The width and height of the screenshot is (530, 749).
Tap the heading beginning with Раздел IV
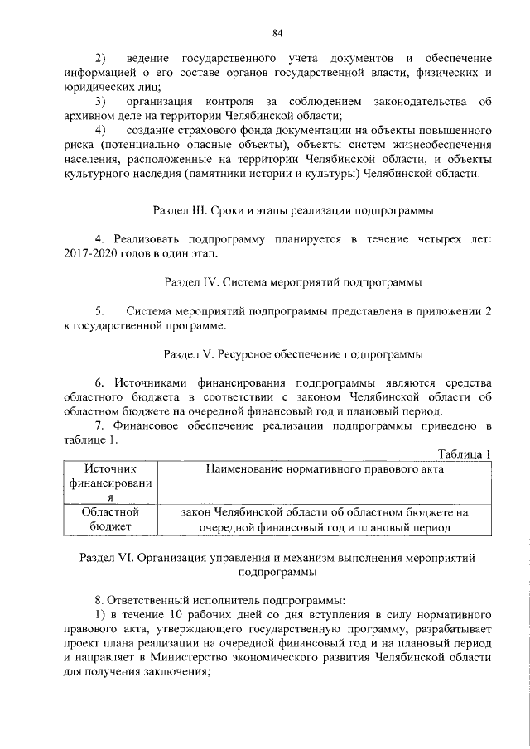coord(288,282)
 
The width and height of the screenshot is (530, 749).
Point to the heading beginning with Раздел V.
coord(288,354)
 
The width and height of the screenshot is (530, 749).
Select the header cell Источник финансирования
coord(104,483)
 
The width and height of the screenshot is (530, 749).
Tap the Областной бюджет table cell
coord(104,520)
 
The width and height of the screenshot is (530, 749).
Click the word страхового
coord(234,131)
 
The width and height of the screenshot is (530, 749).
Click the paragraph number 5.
coord(100,311)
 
